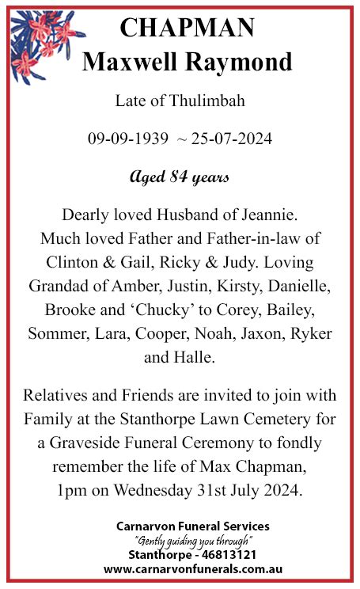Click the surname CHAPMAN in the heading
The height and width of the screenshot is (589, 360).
pos(187,28)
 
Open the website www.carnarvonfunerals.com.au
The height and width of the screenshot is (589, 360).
pos(193,569)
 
